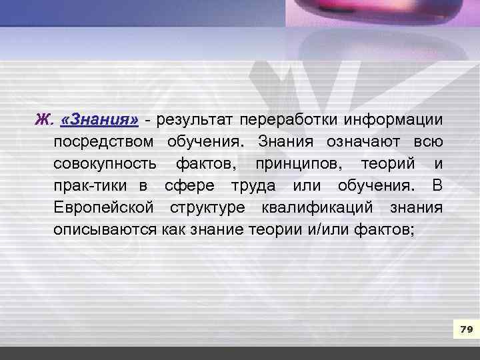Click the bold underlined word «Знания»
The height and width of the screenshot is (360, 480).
click(99, 120)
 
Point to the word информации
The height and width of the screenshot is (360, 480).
click(393, 120)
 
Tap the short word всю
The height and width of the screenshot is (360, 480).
click(427, 142)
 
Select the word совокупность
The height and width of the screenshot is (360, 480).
click(105, 164)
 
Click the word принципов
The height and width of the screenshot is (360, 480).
click(298, 164)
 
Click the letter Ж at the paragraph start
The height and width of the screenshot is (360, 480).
click(43, 120)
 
